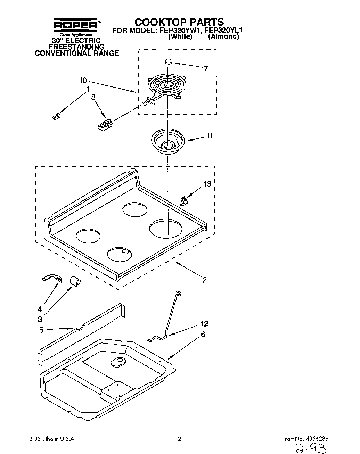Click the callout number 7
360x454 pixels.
point(206,68)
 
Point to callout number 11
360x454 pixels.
point(209,136)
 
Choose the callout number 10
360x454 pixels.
point(83,81)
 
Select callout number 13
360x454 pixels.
point(207,184)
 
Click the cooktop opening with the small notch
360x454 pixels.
point(120,254)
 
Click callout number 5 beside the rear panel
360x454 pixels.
point(41,330)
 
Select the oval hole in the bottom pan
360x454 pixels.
point(119,362)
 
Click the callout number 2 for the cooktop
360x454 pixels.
point(204,280)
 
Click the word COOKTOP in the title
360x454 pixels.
point(158,22)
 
